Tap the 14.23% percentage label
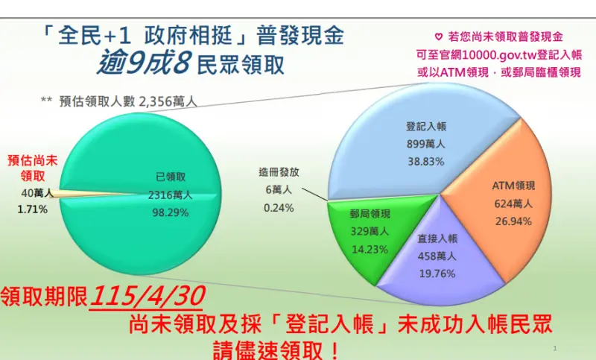[x=370, y=249]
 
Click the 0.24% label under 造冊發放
[x=279, y=208]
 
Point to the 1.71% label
[x=33, y=209]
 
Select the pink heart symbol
[x=438, y=36]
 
